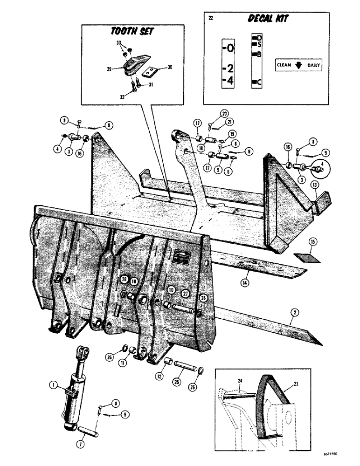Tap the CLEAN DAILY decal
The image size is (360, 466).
coord(298,65)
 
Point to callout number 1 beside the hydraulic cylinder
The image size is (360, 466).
coord(53,384)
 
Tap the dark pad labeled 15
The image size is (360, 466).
coord(306,256)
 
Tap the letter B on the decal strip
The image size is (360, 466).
coord(259,55)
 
